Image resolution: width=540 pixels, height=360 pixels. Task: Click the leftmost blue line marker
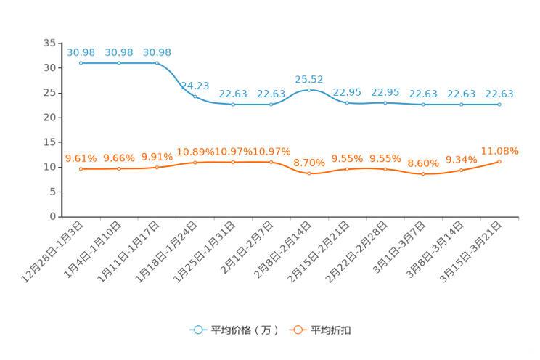click(x=81, y=63)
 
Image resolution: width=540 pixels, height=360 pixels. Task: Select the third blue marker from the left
click(x=157, y=63)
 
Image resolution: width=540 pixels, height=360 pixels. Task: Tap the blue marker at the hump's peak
click(x=309, y=90)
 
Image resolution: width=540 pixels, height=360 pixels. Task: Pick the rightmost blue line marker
click(x=499, y=105)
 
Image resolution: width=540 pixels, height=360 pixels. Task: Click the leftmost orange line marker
click(x=81, y=168)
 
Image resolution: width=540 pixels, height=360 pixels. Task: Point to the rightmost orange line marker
click(x=499, y=161)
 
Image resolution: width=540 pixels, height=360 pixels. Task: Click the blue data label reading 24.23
click(x=195, y=85)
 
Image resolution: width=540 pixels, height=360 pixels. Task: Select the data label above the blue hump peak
click(x=309, y=78)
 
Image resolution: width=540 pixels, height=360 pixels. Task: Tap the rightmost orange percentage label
click(x=499, y=150)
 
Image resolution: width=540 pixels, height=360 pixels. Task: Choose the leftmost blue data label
click(x=81, y=52)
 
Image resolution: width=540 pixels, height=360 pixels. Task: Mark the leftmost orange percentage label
click(x=81, y=157)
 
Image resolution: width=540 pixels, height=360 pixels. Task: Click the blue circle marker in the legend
click(x=197, y=330)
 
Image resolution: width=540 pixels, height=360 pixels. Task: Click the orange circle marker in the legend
click(x=297, y=330)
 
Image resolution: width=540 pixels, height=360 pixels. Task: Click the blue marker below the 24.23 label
click(x=195, y=96)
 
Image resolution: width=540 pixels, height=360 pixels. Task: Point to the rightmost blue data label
click(x=499, y=94)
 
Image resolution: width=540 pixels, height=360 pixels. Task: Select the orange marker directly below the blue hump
click(x=309, y=173)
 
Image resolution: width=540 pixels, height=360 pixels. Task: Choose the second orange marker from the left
click(x=119, y=168)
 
